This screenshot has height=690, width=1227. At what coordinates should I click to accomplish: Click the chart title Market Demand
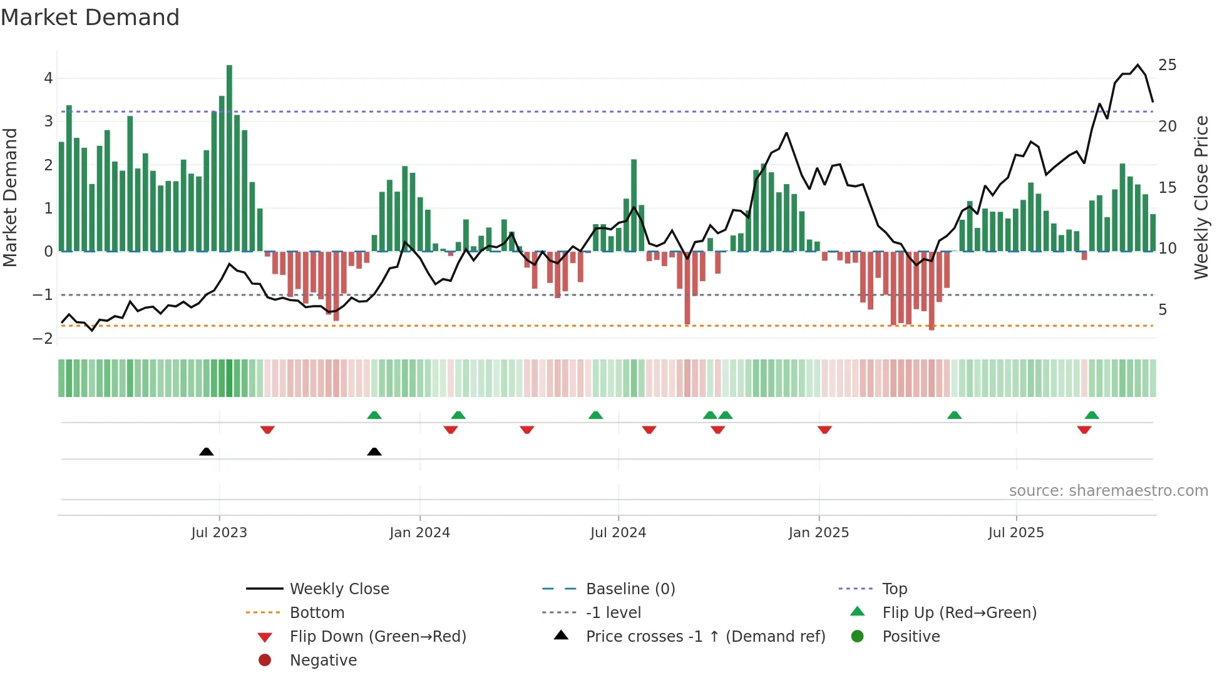(90, 18)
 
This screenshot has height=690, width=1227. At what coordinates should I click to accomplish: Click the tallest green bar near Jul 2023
(229, 157)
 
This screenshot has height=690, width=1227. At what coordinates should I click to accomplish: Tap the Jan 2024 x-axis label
(419, 533)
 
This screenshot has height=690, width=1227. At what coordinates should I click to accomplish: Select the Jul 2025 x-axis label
(1016, 533)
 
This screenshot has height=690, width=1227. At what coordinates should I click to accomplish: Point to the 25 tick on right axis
(1167, 65)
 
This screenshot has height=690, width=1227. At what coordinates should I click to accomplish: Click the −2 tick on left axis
(43, 339)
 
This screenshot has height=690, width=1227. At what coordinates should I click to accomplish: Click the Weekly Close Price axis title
(1201, 197)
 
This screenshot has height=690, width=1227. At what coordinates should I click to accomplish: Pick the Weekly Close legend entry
(339, 589)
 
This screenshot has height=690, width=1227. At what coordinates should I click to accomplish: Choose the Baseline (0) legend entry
(630, 589)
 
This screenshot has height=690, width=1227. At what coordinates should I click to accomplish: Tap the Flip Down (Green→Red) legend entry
(377, 637)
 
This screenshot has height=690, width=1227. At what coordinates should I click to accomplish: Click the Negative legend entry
(323, 661)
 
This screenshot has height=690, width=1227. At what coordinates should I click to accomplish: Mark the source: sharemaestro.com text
(1108, 491)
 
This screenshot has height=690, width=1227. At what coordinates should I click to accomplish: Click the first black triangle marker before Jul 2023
(206, 451)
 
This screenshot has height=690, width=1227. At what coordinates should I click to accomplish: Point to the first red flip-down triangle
(267, 430)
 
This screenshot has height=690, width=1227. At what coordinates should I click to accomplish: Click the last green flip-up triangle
(1092, 415)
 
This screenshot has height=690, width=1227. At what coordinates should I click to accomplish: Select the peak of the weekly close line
(1138, 64)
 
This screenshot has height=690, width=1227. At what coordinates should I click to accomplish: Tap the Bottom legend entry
(317, 613)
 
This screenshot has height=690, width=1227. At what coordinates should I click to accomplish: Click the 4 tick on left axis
(48, 78)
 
